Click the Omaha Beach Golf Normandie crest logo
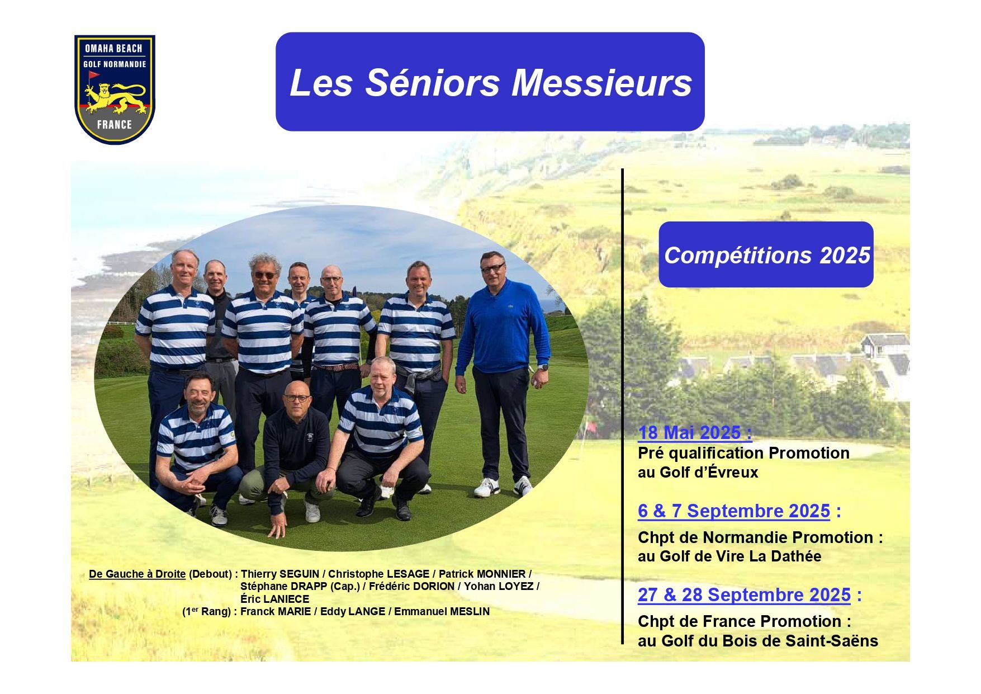pyautogui.click(x=115, y=89)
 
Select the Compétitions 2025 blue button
pyautogui.click(x=766, y=254)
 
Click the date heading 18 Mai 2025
pyautogui.click(x=695, y=432)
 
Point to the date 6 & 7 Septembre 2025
pyautogui.click(x=734, y=511)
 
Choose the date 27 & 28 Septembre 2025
pyautogui.click(x=744, y=594)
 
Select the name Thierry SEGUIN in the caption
pyautogui.click(x=279, y=574)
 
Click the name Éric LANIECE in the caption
pyautogui.click(x=274, y=599)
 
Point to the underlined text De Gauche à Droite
pyautogui.click(x=137, y=574)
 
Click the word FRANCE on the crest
pyautogui.click(x=115, y=125)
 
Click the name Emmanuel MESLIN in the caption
pyautogui.click(x=442, y=612)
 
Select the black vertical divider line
pyautogui.click(x=622, y=406)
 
